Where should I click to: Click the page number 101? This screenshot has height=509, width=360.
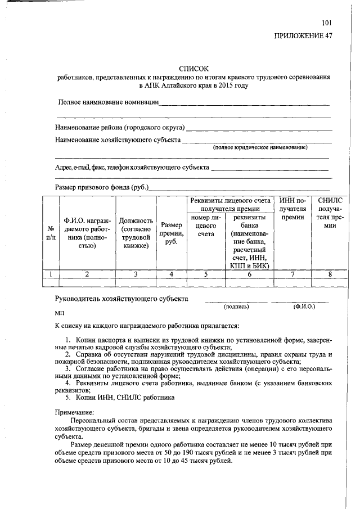pos(327,23)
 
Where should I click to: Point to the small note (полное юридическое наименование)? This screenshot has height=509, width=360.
pos(260,147)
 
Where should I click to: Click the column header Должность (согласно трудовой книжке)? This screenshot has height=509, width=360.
pos(135,233)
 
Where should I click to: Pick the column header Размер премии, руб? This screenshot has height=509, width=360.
pos(171,233)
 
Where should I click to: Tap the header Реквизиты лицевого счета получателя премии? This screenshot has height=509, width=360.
pos(231,204)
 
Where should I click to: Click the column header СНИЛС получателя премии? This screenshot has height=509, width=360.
pos(330,213)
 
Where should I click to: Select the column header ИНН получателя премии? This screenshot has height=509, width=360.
pos(292,208)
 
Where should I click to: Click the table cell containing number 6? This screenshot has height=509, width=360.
pos(249,274)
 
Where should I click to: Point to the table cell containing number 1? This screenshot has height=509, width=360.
pos(51,274)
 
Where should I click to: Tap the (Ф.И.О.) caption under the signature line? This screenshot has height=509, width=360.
pos(304,307)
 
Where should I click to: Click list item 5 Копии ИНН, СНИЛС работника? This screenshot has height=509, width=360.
pos(120,398)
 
